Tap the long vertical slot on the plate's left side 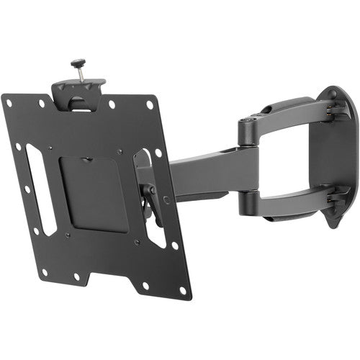[x=42, y=189]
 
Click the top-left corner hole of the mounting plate [x=9, y=103]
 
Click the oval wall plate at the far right [x=333, y=155]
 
